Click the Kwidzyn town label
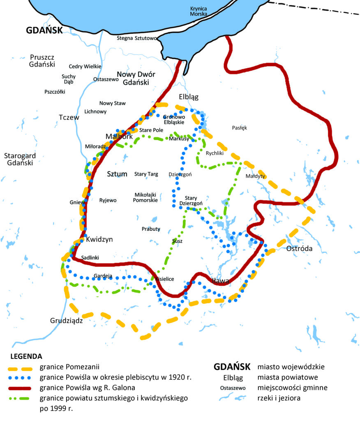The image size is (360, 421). pyautogui.click(x=99, y=239)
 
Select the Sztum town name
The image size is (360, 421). pyautogui.click(x=117, y=174)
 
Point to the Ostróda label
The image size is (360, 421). pyautogui.click(x=299, y=249)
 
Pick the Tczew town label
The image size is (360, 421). pyautogui.click(x=69, y=117)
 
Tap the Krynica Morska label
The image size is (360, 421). pyautogui.click(x=199, y=11)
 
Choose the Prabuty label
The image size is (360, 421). pyautogui.click(x=151, y=229)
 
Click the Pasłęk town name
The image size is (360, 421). pyautogui.click(x=240, y=128)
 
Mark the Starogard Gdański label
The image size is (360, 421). pyautogui.click(x=20, y=159)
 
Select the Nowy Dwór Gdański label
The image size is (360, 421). pyautogui.click(x=136, y=78)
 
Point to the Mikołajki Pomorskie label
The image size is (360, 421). pyautogui.click(x=145, y=197)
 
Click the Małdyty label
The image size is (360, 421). pyautogui.click(x=256, y=176)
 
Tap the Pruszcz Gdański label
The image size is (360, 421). pyautogui.click(x=42, y=61)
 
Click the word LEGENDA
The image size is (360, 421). pyautogui.click(x=26, y=356)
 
